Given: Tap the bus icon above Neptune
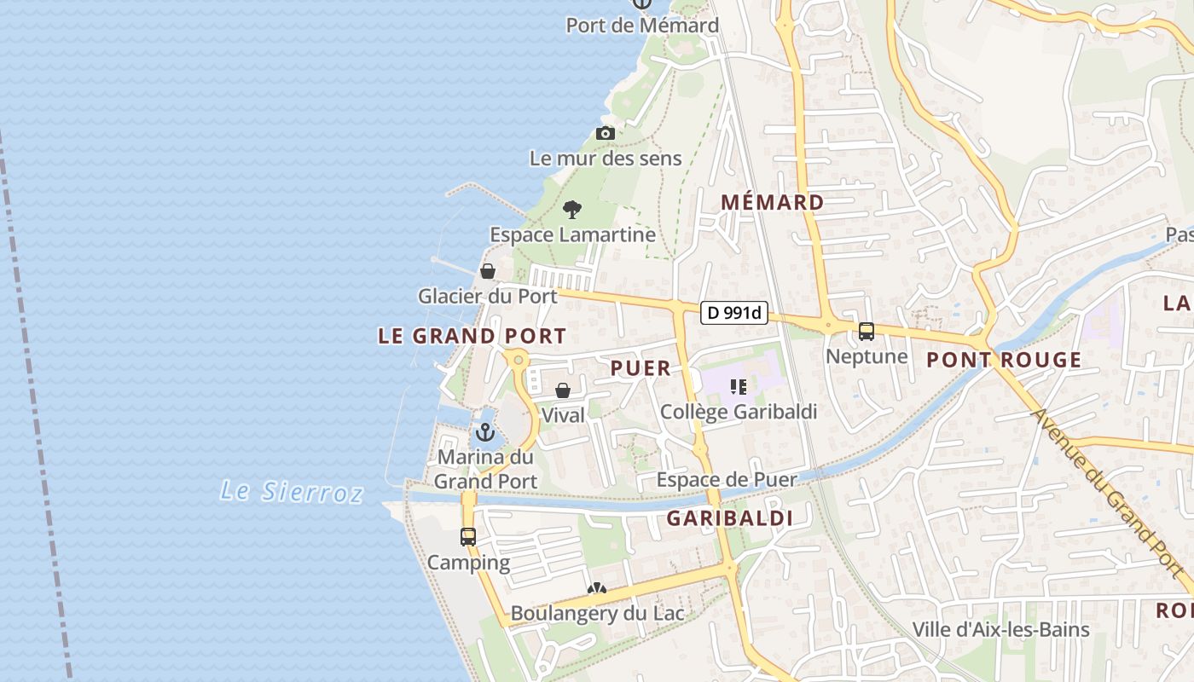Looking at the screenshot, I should click(867, 332).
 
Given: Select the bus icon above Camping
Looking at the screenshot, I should click(468, 536).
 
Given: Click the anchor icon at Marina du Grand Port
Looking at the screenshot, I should click(485, 432).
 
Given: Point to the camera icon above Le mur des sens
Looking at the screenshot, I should click(606, 133).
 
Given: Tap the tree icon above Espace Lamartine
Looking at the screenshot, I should click(572, 209).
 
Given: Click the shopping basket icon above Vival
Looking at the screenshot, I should click(563, 391).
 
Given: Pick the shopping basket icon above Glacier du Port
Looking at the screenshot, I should click(488, 271).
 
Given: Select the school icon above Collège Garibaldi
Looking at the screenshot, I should click(739, 387).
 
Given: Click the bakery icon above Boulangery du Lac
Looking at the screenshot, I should click(596, 589).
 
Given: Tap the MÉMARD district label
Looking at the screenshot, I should click(773, 203).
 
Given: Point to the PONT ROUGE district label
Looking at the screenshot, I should click(1004, 360).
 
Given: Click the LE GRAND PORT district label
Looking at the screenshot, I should click(472, 336).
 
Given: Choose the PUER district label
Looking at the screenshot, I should click(640, 368).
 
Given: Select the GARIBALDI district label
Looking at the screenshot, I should click(729, 518).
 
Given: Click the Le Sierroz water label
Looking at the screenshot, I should click(292, 491).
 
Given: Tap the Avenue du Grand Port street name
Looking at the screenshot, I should click(1110, 499).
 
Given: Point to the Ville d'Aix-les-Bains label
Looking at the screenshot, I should click(1000, 630).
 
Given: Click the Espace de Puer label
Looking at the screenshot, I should click(726, 480).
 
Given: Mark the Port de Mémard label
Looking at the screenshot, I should click(642, 26).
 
